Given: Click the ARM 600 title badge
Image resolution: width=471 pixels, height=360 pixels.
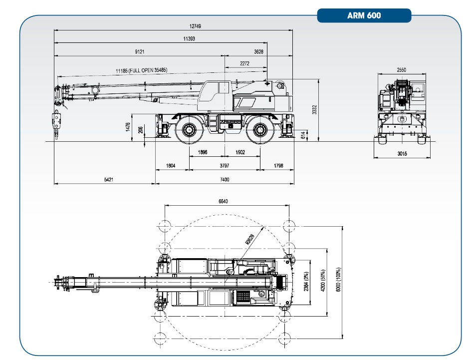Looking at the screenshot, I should pos(364,15).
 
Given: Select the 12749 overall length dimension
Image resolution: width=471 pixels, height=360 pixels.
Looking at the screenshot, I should pos(174,26).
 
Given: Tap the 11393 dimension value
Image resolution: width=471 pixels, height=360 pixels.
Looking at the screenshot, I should pos(189,38).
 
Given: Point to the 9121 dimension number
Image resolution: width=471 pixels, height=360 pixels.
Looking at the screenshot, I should pos(140,51).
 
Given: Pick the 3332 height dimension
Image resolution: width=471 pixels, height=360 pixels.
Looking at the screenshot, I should pos(315,110).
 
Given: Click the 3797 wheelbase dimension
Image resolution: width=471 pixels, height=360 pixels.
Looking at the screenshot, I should pos(224,165).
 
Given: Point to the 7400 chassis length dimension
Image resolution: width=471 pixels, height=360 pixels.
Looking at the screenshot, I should pos(224,180).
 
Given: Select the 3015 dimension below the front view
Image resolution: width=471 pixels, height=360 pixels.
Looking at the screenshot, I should pos(403,154).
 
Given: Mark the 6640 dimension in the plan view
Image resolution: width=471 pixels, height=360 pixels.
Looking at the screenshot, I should pos(224,201).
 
